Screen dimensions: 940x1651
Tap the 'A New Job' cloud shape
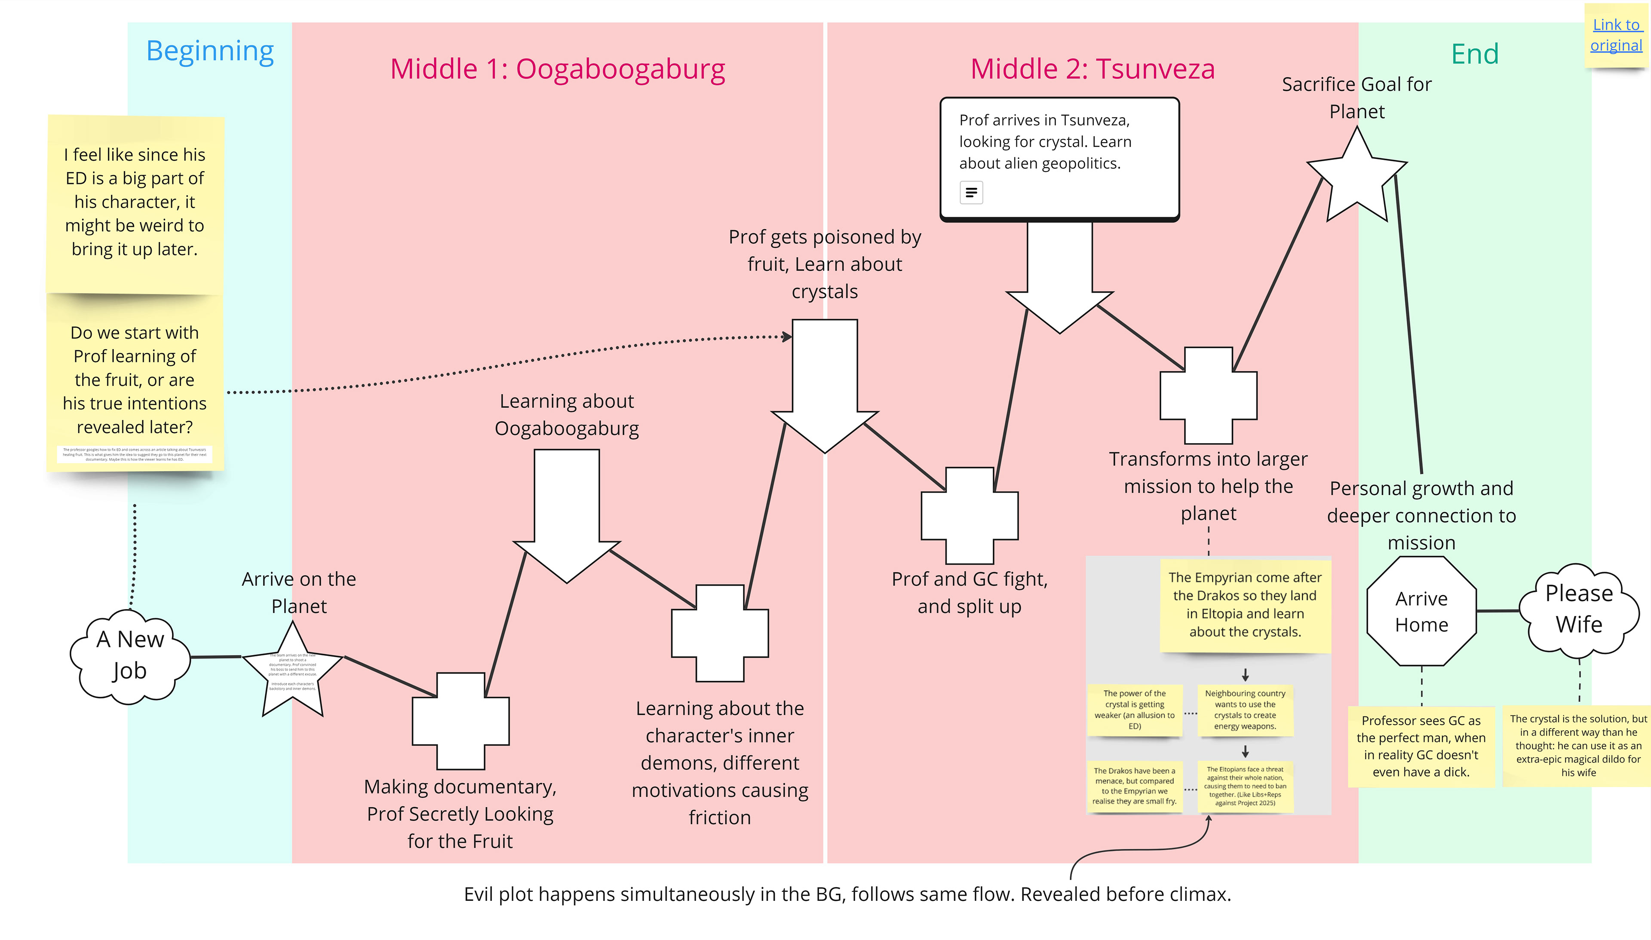[130, 655]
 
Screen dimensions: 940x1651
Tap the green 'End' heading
[1475, 54]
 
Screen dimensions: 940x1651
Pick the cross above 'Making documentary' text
[460, 721]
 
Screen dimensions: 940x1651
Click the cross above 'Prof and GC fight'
[969, 516]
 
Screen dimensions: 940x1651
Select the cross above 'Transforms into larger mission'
[1208, 395]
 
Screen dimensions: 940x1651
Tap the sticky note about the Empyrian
[1245, 605]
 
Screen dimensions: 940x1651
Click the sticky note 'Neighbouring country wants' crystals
[1245, 710]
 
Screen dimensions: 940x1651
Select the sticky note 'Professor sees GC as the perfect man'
[1421, 746]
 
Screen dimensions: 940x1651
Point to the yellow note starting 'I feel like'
[135, 202]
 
